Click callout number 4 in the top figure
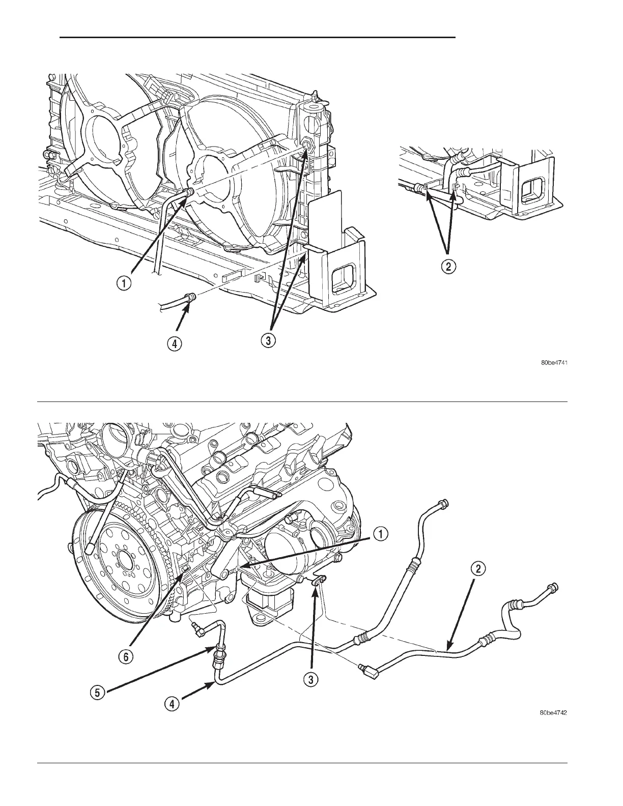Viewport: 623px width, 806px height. (x=174, y=344)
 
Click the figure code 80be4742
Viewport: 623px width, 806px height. (x=554, y=713)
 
